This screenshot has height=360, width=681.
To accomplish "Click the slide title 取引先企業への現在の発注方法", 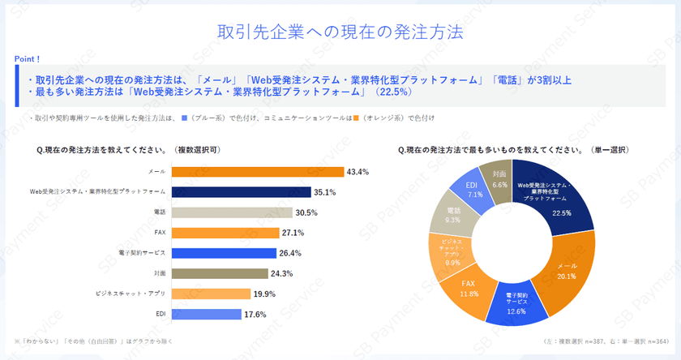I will [x=340, y=32].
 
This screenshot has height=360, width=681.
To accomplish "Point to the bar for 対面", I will [x=220, y=273].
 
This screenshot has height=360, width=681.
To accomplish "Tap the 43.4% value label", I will [x=358, y=172].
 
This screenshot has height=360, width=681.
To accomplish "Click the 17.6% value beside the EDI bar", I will [x=255, y=315].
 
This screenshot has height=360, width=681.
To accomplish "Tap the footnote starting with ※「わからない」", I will [x=89, y=343].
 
